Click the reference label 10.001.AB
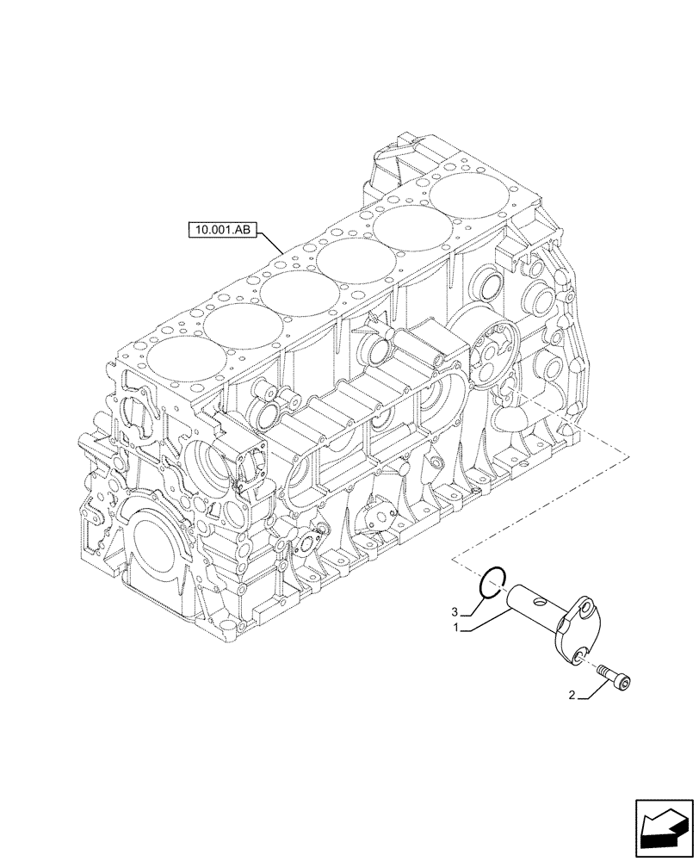220,231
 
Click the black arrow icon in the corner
662,827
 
